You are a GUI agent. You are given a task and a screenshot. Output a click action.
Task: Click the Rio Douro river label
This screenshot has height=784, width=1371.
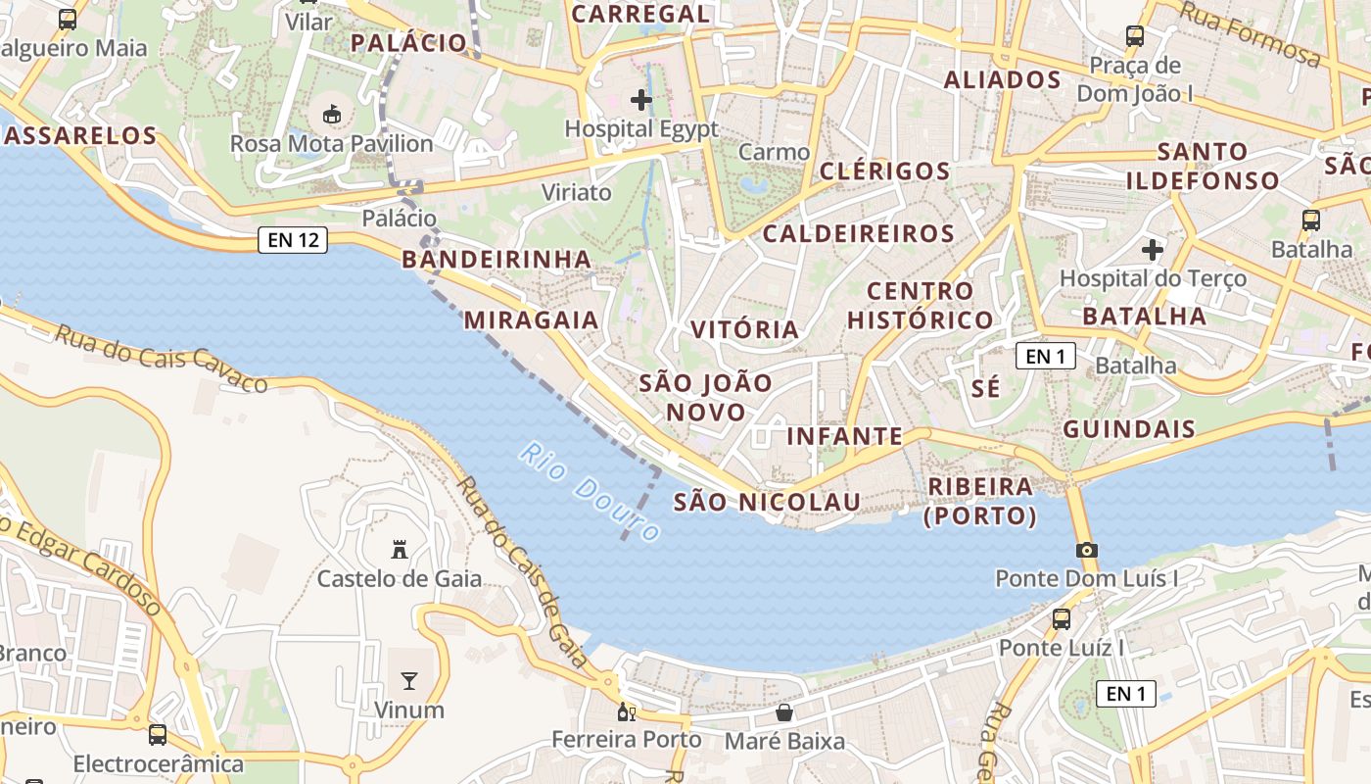tap(591, 492)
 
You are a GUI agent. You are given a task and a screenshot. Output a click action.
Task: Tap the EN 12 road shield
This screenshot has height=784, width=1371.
tap(293, 240)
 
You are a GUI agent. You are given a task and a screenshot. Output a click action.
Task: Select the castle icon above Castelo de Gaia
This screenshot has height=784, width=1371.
tap(399, 550)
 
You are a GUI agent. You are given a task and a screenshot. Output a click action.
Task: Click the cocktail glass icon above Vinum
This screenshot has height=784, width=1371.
tap(408, 680)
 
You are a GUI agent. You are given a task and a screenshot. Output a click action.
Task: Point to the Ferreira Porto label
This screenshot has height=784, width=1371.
tap(627, 740)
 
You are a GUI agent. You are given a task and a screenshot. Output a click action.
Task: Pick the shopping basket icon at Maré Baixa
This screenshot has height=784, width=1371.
tap(783, 712)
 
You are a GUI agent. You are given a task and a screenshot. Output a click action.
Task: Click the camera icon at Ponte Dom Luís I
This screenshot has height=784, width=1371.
tap(1086, 550)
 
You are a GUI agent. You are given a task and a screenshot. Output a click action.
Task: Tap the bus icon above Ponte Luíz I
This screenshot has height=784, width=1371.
tap(1061, 619)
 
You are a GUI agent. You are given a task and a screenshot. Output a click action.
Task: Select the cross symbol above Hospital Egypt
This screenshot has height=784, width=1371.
tap(641, 100)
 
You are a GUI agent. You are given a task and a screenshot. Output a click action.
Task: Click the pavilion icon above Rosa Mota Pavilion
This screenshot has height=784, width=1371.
tap(331, 115)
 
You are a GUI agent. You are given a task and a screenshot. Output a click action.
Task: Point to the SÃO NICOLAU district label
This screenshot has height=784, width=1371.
tap(767, 503)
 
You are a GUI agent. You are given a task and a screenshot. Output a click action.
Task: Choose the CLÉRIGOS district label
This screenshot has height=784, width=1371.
tap(884, 171)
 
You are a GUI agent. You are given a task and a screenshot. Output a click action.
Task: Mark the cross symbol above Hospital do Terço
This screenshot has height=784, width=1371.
tap(1153, 250)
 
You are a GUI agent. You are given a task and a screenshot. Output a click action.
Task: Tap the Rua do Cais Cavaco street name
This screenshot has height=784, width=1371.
tap(161, 358)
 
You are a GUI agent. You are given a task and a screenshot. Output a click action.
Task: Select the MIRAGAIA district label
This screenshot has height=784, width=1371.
tap(531, 320)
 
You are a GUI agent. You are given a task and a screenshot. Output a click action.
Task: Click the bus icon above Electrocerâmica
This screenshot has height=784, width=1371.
tap(158, 734)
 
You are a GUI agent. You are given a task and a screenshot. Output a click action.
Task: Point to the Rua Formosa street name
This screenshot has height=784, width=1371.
tap(1250, 33)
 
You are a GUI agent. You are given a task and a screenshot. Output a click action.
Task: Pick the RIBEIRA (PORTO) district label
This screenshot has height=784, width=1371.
tap(980, 501)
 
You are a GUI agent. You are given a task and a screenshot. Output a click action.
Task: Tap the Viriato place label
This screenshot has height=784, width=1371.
tap(577, 192)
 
